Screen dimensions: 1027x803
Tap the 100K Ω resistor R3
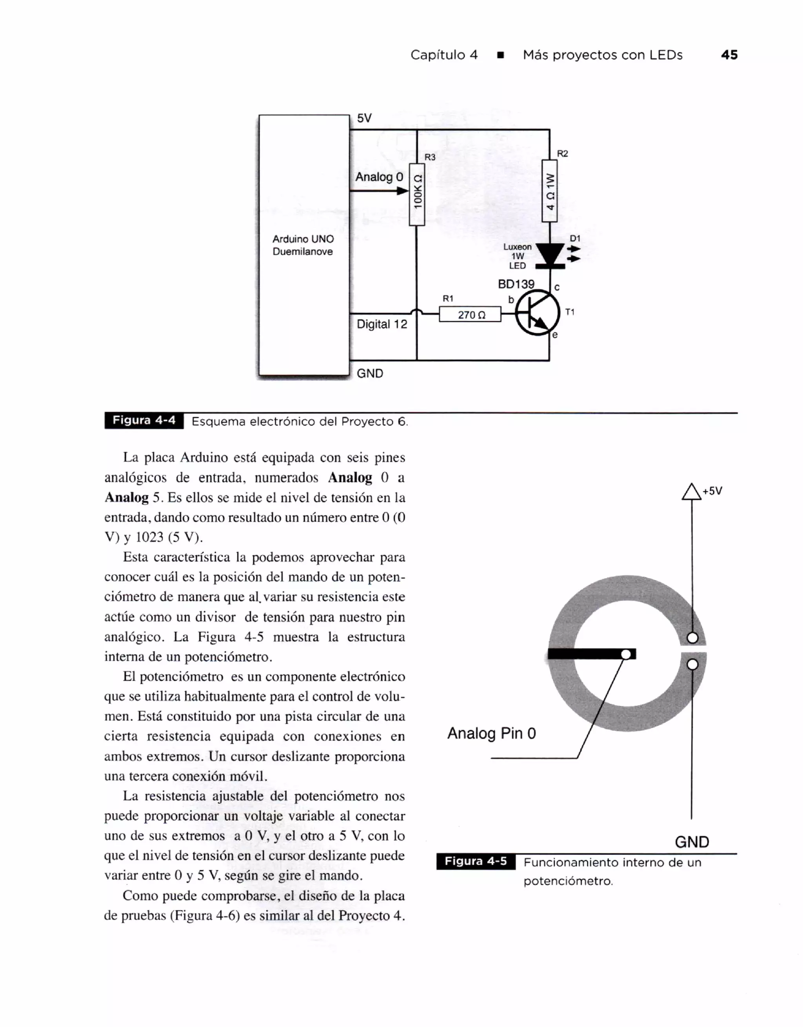(x=417, y=194)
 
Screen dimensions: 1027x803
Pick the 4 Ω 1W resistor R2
(x=549, y=190)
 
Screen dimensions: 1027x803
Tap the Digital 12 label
(x=382, y=324)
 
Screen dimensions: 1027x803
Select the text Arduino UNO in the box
(x=303, y=239)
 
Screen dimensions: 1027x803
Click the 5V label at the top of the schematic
(x=364, y=118)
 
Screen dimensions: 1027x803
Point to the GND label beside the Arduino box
(x=370, y=373)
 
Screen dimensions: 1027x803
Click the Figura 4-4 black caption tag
(x=144, y=420)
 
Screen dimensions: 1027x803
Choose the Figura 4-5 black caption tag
(x=476, y=861)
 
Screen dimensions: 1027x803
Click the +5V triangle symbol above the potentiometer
(x=691, y=492)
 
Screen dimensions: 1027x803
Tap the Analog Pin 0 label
(x=491, y=733)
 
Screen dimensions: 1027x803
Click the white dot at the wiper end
(x=626, y=654)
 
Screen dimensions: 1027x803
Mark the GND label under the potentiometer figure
(x=692, y=842)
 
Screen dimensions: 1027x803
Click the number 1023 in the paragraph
(x=150, y=537)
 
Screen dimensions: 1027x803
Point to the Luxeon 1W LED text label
(x=517, y=256)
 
